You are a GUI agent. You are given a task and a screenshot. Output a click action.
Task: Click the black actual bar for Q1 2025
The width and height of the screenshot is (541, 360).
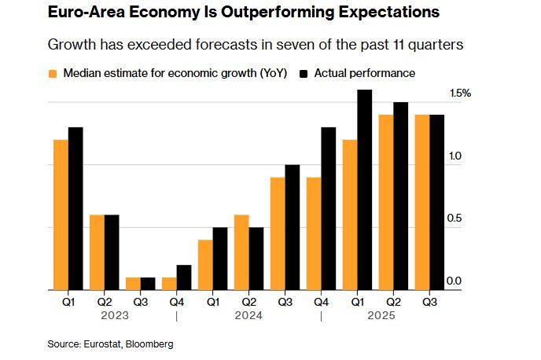364,190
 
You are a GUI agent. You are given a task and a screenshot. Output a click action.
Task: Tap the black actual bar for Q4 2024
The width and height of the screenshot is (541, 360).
329,208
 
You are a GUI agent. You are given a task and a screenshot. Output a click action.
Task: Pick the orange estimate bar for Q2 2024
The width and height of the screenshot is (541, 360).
241,252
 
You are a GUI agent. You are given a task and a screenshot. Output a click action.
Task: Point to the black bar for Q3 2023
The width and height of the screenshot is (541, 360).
148,284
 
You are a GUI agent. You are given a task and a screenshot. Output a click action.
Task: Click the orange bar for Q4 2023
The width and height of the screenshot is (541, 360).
169,284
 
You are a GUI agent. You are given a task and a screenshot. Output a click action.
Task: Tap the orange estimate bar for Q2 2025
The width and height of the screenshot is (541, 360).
385,202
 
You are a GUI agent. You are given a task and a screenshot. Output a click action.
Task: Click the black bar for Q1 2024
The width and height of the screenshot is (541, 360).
220,259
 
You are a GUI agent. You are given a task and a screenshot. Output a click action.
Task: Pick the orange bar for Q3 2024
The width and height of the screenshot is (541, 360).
278,233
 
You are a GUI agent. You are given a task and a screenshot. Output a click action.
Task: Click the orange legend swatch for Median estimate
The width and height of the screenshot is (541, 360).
53,73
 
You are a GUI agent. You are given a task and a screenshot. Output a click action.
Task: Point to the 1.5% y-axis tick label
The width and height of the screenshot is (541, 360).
460,93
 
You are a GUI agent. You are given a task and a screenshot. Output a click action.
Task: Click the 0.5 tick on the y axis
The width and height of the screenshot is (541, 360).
455,219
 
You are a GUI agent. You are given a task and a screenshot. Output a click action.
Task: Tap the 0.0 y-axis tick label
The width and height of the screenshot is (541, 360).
455,281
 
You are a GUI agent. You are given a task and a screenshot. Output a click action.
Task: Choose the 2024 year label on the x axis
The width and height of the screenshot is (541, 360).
249,316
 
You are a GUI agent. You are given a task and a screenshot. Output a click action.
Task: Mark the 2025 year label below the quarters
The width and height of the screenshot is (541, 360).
381,316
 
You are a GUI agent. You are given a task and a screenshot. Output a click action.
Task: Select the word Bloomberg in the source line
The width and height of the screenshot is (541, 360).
150,344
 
